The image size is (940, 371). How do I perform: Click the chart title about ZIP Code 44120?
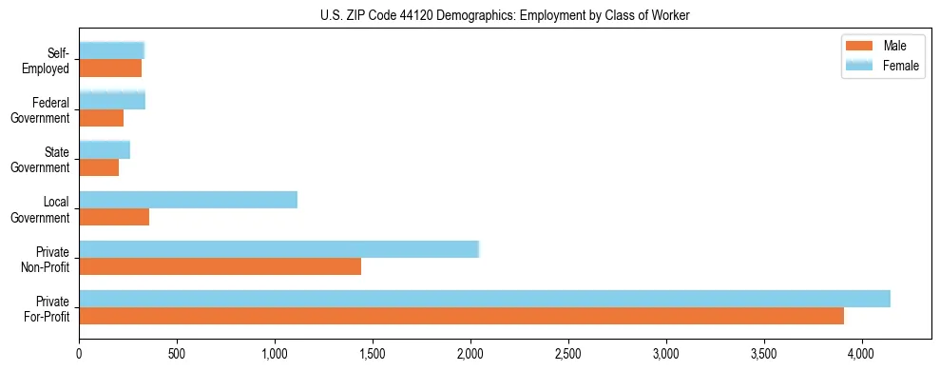(x=470, y=14)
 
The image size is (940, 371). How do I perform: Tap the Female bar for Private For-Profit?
(x=485, y=298)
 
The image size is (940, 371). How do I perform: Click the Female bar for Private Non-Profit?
(x=278, y=249)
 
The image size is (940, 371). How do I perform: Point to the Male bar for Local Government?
(x=114, y=217)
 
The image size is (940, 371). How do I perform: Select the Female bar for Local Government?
(x=188, y=200)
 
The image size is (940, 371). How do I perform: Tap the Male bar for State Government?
(x=99, y=167)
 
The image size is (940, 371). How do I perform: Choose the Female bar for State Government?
(x=105, y=149)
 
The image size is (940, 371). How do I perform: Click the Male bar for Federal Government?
(x=102, y=118)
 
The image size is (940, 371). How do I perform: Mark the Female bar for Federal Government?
(x=112, y=100)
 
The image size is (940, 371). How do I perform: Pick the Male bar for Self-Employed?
(x=110, y=68)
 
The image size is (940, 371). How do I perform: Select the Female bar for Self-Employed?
(x=111, y=50)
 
